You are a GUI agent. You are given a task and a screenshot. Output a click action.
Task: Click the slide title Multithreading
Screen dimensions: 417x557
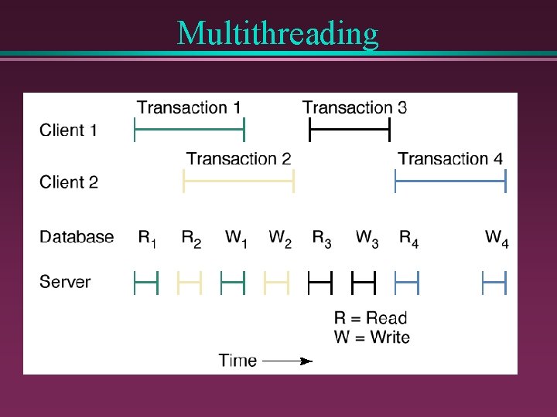[278, 33]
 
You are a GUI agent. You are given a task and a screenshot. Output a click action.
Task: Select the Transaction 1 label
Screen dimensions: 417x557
[189, 107]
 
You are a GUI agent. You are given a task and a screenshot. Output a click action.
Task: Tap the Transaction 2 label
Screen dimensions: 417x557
[238, 158]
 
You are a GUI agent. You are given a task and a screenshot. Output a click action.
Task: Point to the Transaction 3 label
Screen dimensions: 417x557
[354, 107]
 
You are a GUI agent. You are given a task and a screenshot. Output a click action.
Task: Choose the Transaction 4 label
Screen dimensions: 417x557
[450, 158]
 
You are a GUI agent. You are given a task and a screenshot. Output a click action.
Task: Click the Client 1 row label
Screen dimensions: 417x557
[69, 131]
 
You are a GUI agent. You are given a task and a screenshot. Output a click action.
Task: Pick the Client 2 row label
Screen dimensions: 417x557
[69, 182]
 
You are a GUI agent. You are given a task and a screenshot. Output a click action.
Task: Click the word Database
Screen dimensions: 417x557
[77, 237]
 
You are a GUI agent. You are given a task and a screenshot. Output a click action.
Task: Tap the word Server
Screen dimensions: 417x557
[65, 282]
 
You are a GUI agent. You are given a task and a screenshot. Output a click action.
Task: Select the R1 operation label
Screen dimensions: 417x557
[147, 239]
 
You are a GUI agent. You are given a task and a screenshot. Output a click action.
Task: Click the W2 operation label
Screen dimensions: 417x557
[280, 239]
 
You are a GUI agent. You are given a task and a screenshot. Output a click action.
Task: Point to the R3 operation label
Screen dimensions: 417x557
[322, 239]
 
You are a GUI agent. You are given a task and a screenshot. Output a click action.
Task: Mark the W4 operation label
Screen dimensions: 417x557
[497, 239]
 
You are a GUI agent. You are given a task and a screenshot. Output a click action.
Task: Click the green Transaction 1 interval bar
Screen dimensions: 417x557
[190, 130]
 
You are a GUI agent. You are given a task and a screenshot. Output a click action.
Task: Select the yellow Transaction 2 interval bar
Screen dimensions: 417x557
[238, 181]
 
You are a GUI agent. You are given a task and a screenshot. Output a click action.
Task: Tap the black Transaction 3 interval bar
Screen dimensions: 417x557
[350, 130]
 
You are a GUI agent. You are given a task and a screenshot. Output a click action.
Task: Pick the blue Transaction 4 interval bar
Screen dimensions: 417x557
[450, 181]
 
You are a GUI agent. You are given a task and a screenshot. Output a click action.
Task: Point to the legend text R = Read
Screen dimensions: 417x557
[371, 317]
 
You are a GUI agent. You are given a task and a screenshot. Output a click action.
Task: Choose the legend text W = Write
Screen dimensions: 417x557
[372, 337]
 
